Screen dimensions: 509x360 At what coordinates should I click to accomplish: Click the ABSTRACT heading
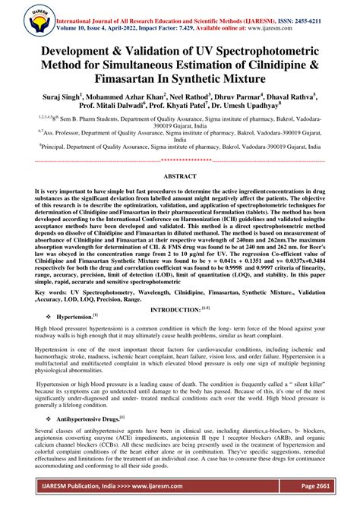pyautogui.click(x=180, y=175)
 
